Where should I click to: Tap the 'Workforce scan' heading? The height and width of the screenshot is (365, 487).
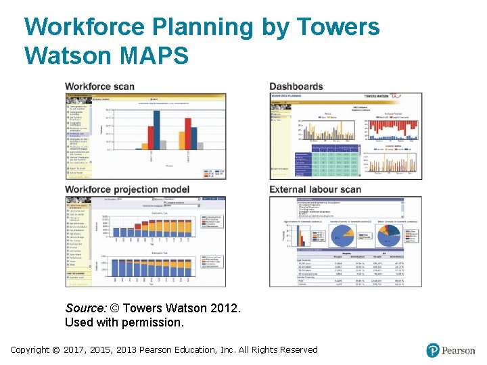pyautogui.click(x=99, y=87)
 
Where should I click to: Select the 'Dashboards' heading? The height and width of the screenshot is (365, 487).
pyautogui.click(x=296, y=87)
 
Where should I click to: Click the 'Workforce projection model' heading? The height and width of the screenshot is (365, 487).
pyautogui.click(x=127, y=189)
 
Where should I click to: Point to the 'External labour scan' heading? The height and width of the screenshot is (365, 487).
pyautogui.click(x=315, y=189)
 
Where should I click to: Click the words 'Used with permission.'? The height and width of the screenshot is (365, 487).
pyautogui.click(x=124, y=322)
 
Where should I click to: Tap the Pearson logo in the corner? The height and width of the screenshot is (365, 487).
pyautogui.click(x=450, y=350)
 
